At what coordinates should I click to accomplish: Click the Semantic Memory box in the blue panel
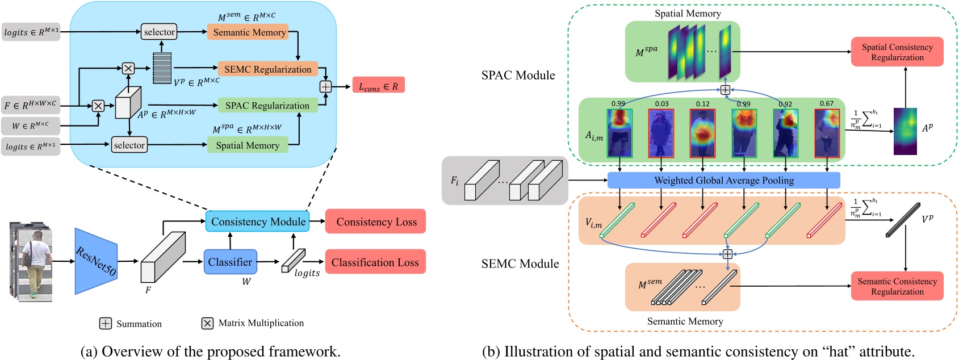[x=249, y=32]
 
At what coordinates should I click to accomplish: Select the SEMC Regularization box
[x=267, y=69]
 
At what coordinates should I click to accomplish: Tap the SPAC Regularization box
[x=267, y=106]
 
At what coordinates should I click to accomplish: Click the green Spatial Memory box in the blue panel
[x=248, y=145]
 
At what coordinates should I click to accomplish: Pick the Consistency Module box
[x=258, y=221]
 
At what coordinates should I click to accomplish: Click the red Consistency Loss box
[x=376, y=221]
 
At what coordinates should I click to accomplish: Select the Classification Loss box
[x=375, y=262]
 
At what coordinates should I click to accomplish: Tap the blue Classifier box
[x=230, y=262]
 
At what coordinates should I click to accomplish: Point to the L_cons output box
[x=378, y=86]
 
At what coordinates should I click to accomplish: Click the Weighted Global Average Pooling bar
[x=723, y=181]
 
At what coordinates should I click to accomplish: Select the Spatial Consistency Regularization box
[x=897, y=52]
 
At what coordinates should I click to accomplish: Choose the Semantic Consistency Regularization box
[x=897, y=286]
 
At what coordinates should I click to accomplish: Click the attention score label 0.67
[x=826, y=103]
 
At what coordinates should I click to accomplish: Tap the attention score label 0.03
[x=661, y=103]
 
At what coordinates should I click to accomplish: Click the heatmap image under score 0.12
[x=702, y=133]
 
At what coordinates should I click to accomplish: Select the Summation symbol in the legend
[x=106, y=323]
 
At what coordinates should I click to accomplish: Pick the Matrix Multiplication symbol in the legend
[x=207, y=323]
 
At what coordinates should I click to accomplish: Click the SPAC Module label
[x=518, y=76]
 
